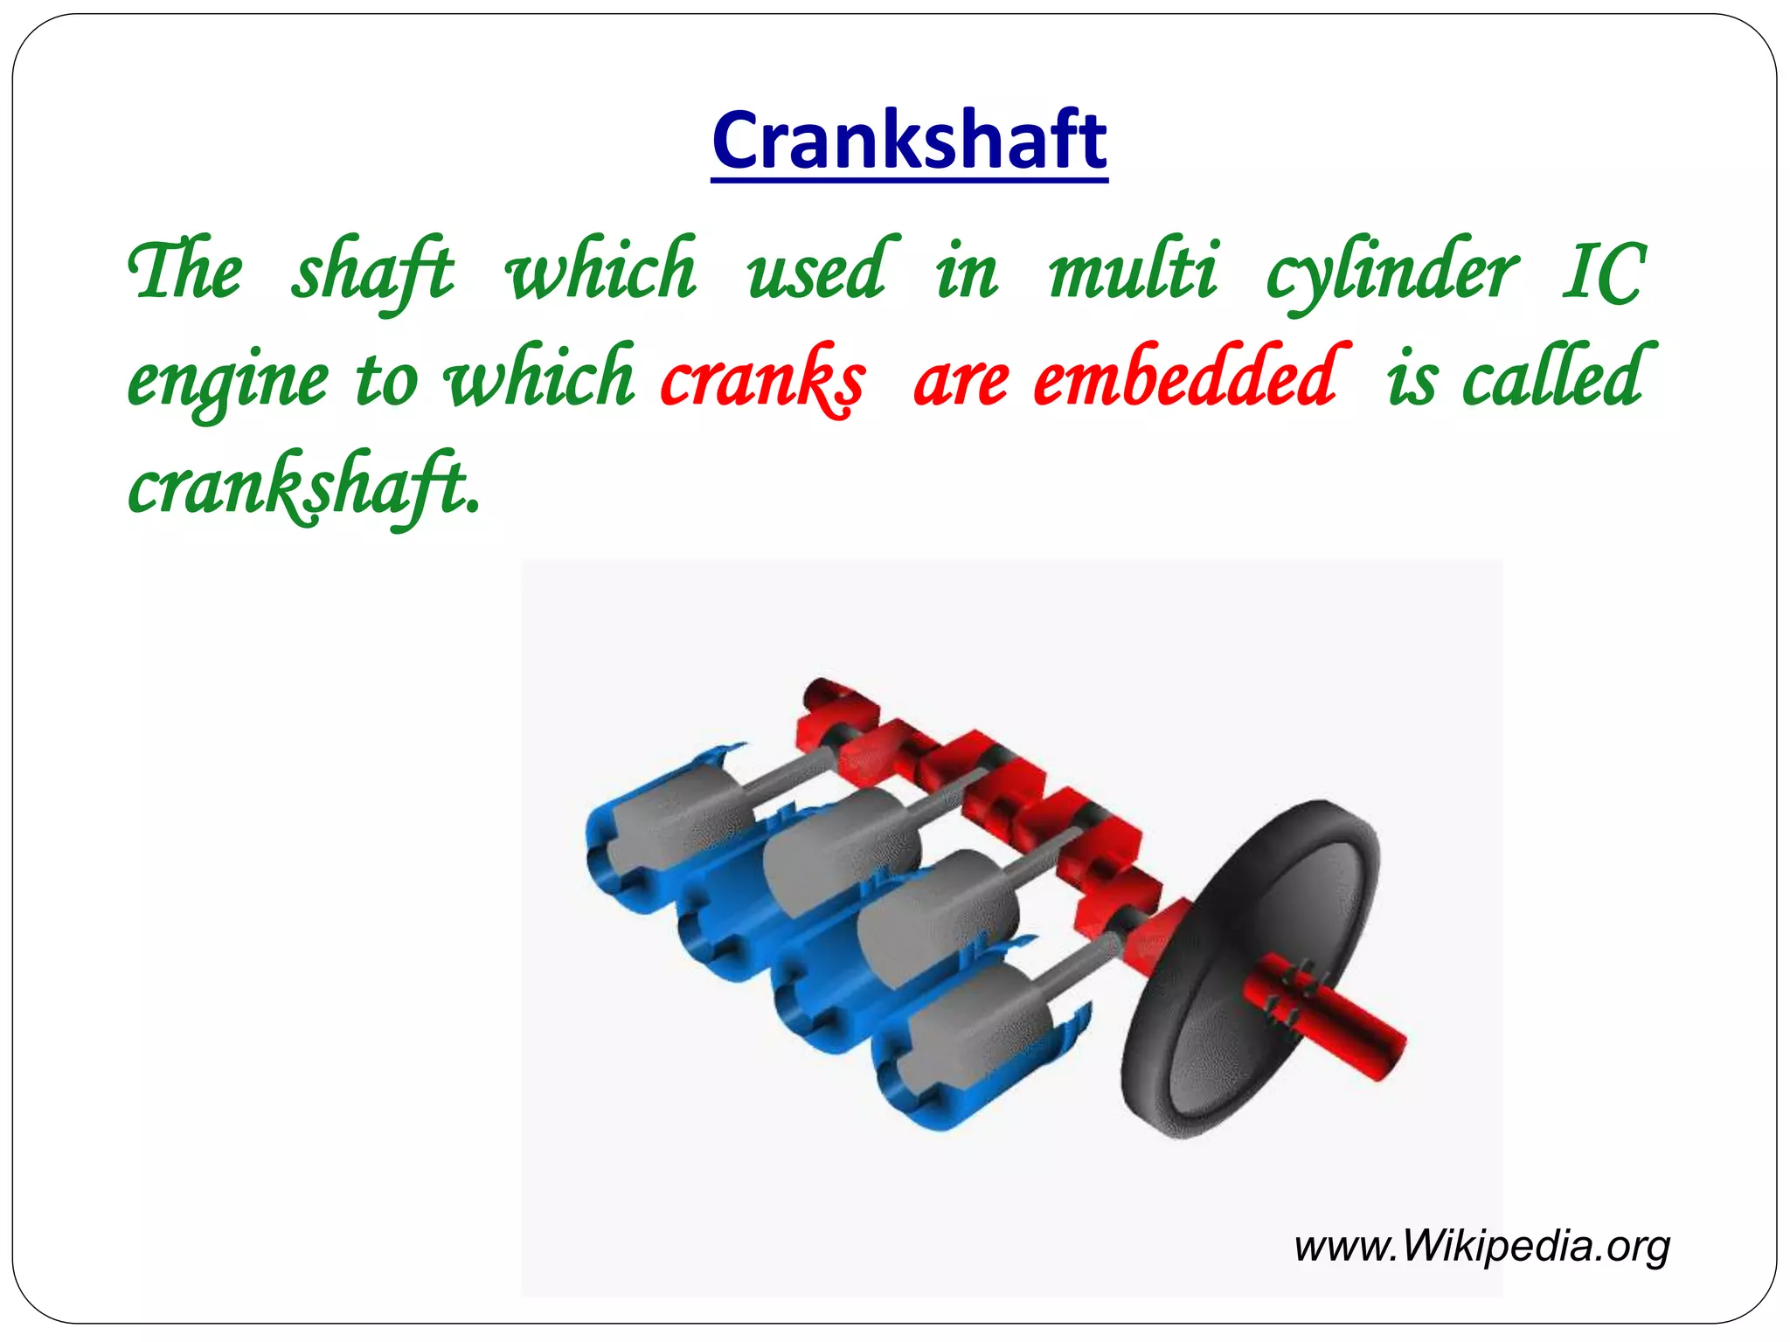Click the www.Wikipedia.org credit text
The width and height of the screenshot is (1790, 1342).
(x=1481, y=1245)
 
